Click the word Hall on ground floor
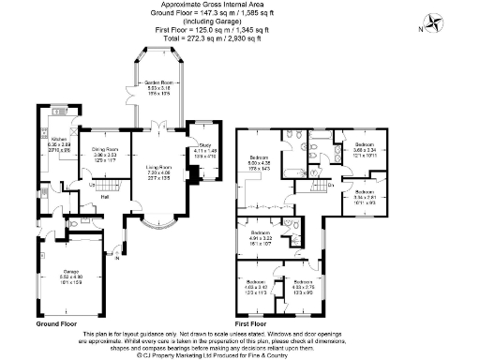[105, 198]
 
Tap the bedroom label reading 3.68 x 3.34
[366, 149]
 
